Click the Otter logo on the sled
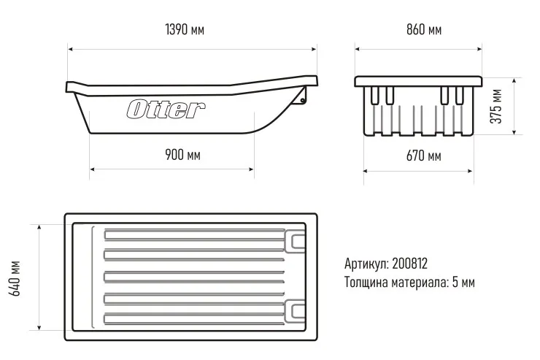coord(166,110)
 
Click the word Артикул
coord(366,263)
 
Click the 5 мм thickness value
coord(463,282)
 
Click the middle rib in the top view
coord(194,275)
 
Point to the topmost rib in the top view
coord(194,234)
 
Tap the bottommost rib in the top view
coord(194,318)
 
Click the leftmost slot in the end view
coord(375,95)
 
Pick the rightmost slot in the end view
coord(459,95)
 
